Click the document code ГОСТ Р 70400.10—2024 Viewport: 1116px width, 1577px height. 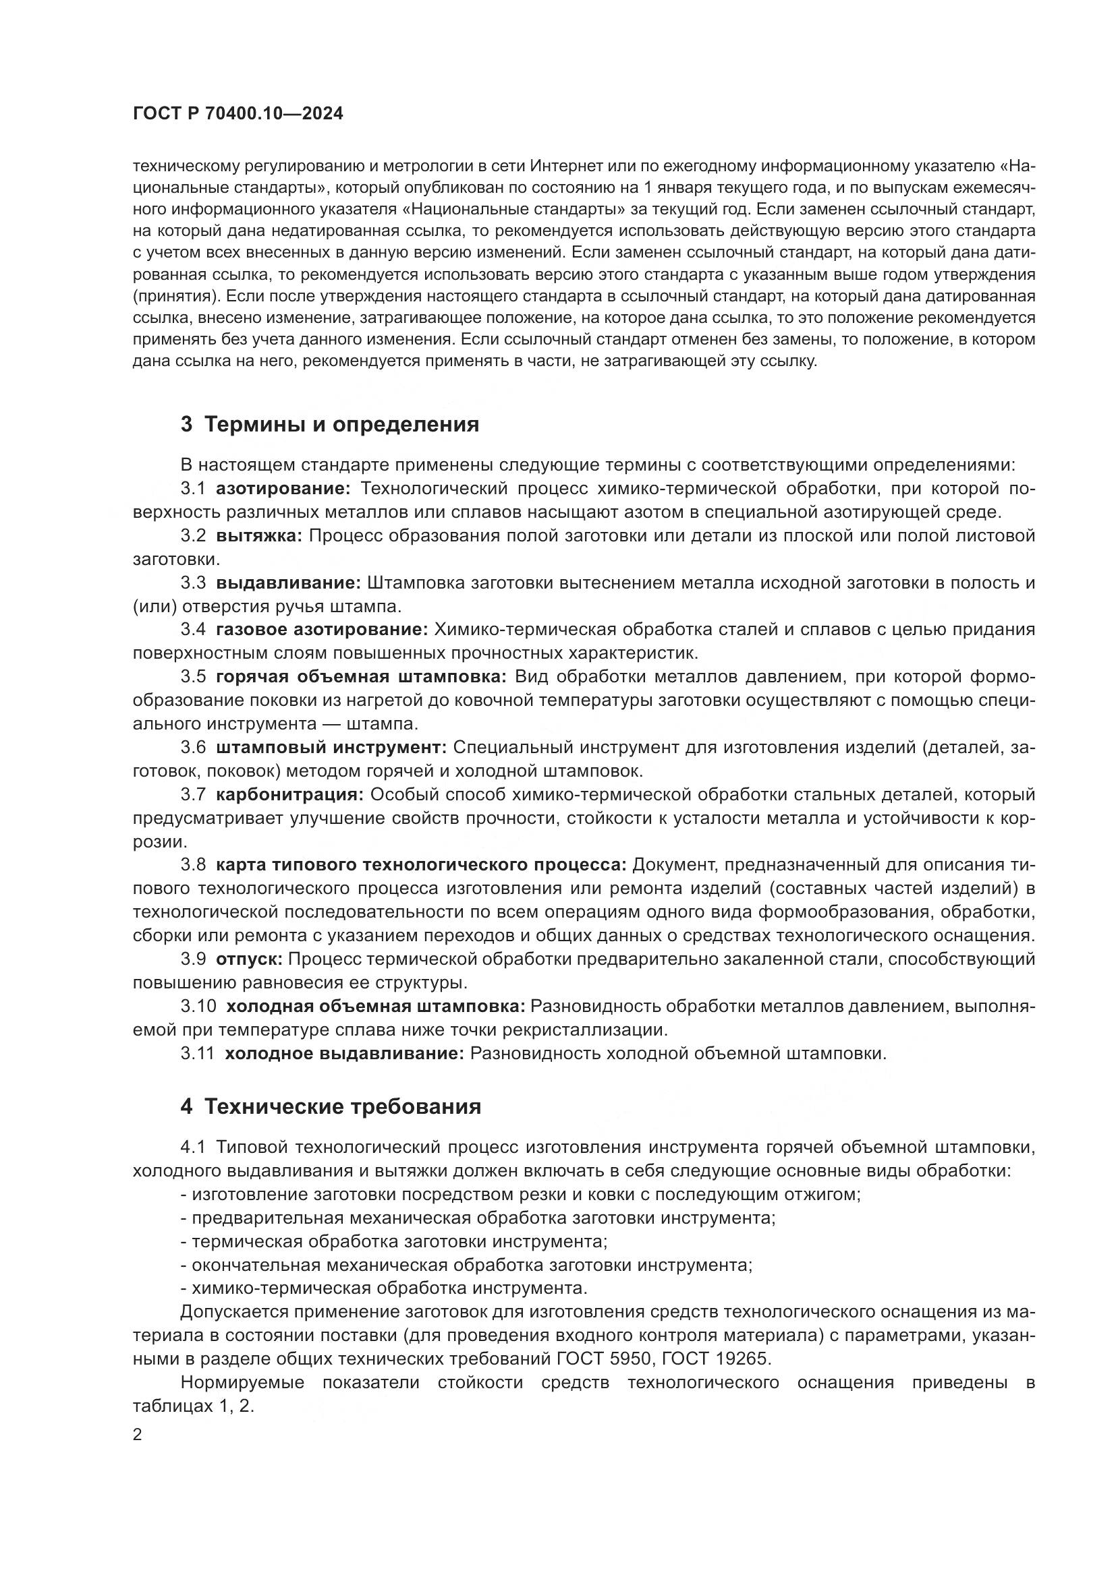click(238, 114)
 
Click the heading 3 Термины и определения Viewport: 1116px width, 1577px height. click(330, 425)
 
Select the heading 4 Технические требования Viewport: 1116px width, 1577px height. click(331, 1106)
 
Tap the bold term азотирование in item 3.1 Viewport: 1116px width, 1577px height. click(283, 488)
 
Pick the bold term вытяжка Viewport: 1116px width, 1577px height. click(259, 536)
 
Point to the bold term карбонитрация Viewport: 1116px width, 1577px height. click(289, 795)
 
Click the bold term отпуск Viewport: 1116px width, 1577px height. click(249, 959)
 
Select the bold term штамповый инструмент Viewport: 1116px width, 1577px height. click(331, 747)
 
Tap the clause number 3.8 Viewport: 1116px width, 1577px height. click(193, 865)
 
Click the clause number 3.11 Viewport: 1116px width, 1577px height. click(198, 1053)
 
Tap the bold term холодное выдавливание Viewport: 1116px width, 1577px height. click(345, 1053)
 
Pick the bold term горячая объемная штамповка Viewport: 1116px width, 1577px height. click(361, 676)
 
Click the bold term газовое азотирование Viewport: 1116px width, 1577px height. click(322, 629)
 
